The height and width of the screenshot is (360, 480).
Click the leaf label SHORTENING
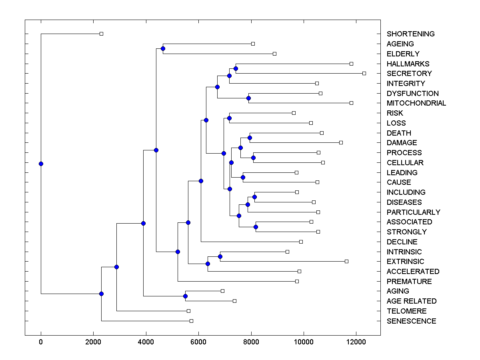click(410, 34)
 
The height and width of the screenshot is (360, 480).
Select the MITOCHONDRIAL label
click(416, 103)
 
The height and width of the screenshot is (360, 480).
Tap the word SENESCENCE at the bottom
click(411, 321)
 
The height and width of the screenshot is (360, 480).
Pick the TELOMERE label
click(406, 311)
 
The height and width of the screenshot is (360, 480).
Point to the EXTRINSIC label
click(405, 262)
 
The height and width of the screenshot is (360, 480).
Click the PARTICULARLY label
click(413, 212)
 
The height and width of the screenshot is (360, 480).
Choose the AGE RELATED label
click(412, 301)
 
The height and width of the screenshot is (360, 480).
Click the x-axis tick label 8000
click(251, 342)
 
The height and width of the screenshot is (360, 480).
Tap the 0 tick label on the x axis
click(41, 342)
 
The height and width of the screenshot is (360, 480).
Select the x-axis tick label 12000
click(356, 342)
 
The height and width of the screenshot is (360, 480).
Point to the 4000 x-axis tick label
click(146, 342)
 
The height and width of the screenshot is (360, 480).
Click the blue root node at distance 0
click(41, 164)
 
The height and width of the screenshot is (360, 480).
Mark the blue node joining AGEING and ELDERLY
click(163, 49)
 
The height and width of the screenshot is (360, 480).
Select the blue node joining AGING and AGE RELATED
click(185, 296)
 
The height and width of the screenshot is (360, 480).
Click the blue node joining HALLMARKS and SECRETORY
click(236, 69)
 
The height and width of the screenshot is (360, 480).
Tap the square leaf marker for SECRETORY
click(364, 73)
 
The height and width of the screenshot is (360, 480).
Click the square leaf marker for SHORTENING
click(101, 34)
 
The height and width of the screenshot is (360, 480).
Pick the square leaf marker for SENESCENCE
click(191, 321)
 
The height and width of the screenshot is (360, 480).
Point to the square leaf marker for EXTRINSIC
click(346, 261)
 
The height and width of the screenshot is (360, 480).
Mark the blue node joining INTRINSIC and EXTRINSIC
click(220, 256)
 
